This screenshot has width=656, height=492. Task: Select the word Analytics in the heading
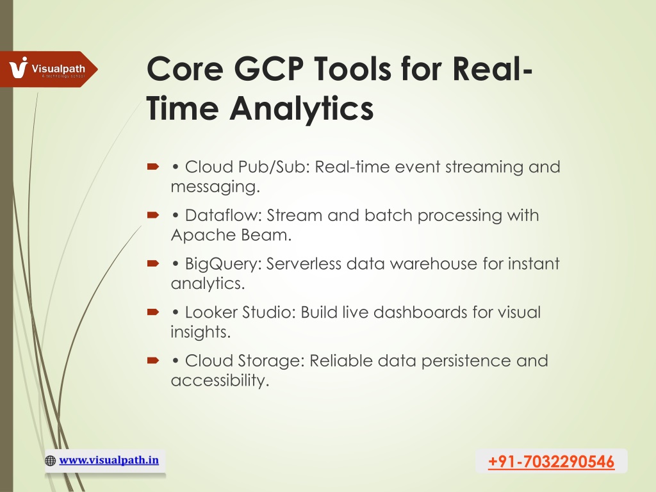coord(301,108)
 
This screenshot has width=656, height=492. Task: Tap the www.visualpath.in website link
coord(109,460)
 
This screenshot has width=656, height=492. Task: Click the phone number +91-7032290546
coord(551,461)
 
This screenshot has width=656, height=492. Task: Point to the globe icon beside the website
coord(50,461)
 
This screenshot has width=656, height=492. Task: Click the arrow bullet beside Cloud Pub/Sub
coord(153,167)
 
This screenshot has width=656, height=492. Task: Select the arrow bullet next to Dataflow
coord(153,215)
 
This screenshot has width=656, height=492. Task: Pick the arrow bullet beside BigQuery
coord(153,263)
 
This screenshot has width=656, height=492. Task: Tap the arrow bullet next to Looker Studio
coord(153,312)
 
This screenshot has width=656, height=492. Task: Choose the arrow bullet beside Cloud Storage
coord(153,360)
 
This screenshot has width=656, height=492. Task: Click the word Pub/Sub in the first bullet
coord(274,167)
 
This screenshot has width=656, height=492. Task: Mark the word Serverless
coord(304,263)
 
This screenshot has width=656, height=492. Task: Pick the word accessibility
coord(220,381)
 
